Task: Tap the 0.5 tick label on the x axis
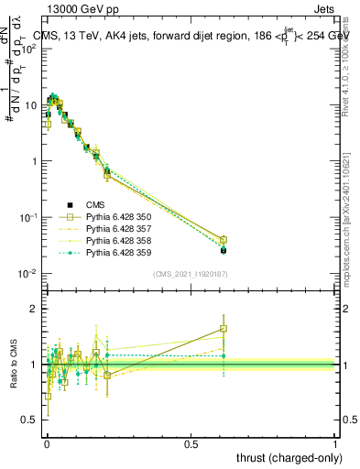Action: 191,442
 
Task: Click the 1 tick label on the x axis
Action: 335,442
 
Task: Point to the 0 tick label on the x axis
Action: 47,442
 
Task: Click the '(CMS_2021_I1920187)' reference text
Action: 191,274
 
